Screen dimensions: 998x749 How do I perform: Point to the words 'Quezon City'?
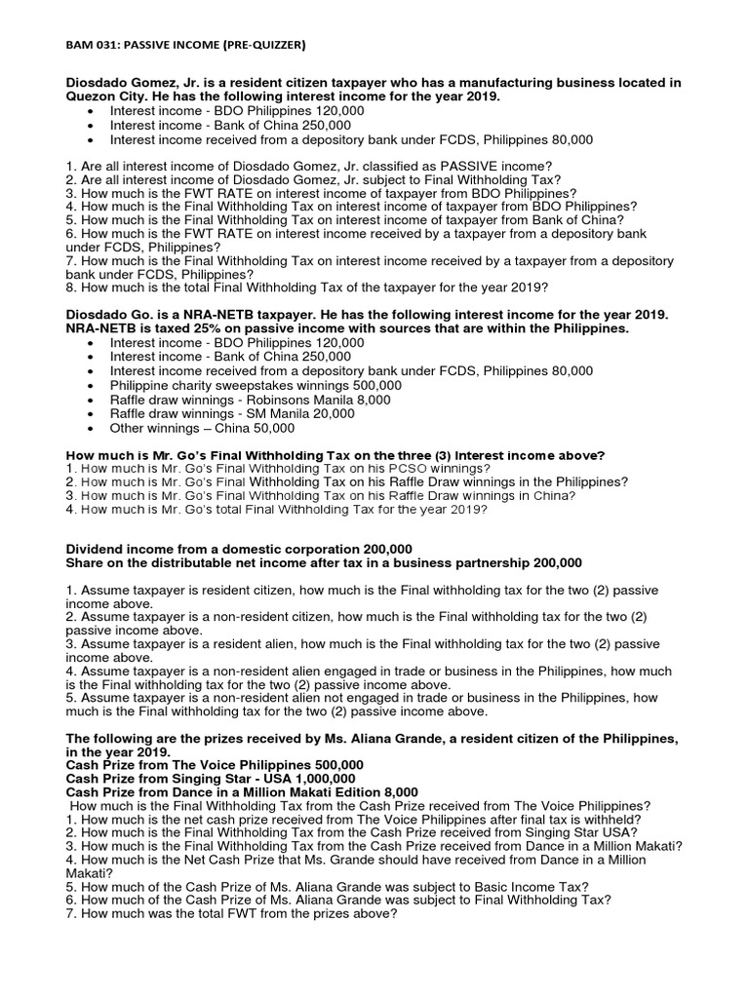(x=102, y=97)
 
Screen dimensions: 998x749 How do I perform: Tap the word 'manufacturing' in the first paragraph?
(x=516, y=83)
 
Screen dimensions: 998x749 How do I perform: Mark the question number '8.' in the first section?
(x=71, y=288)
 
